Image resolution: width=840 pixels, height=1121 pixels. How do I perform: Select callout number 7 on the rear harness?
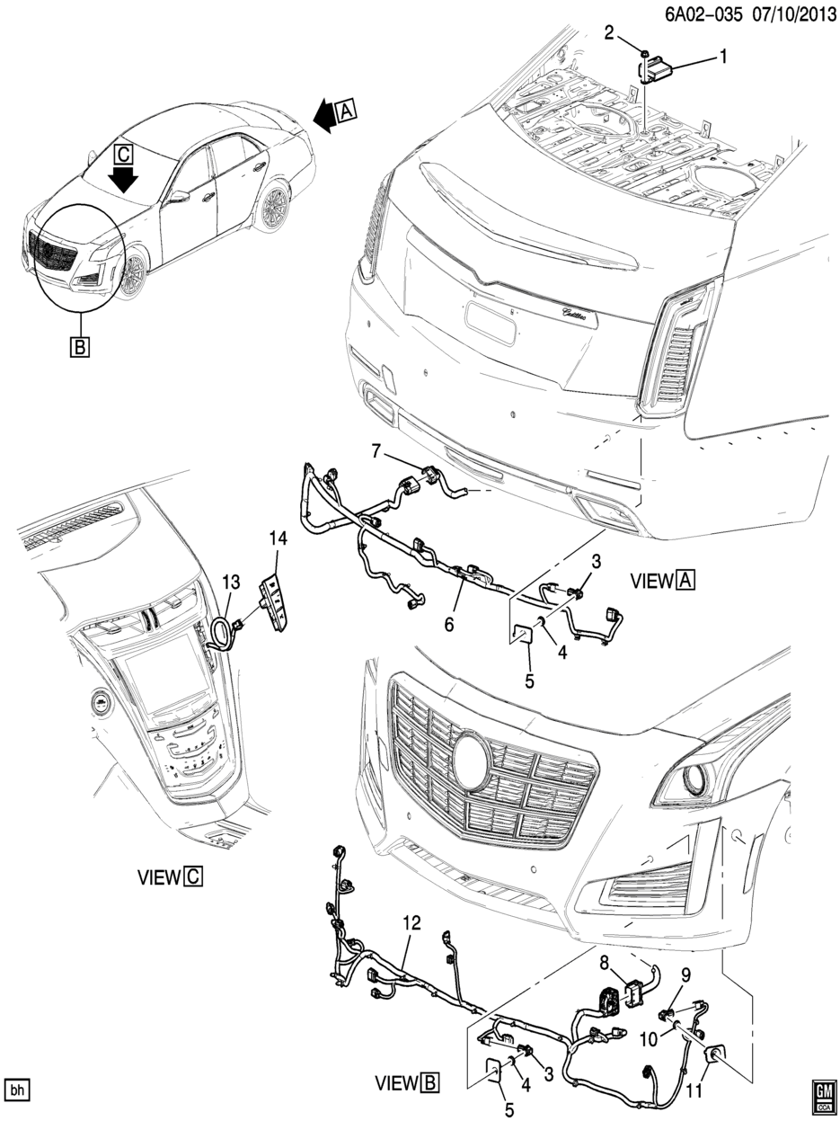tap(377, 449)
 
